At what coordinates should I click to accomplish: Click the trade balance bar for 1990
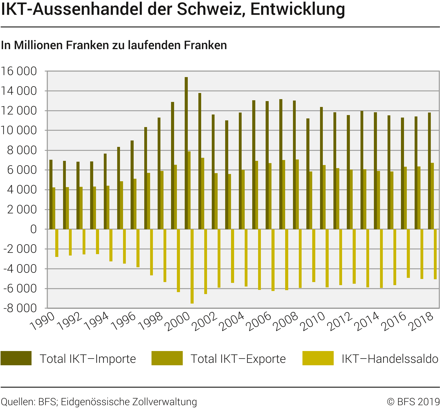57,243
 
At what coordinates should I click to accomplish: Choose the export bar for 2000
189,190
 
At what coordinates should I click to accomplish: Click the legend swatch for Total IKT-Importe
16,358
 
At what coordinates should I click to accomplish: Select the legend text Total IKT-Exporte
238,359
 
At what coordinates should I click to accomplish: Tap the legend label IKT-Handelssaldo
390,359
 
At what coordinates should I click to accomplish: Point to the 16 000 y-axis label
19,71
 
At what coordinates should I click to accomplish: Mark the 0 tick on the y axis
33,229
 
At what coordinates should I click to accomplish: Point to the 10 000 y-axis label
19,130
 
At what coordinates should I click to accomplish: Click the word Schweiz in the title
212,9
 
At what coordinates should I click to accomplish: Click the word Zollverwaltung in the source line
164,402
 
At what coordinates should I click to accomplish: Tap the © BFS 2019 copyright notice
413,402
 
